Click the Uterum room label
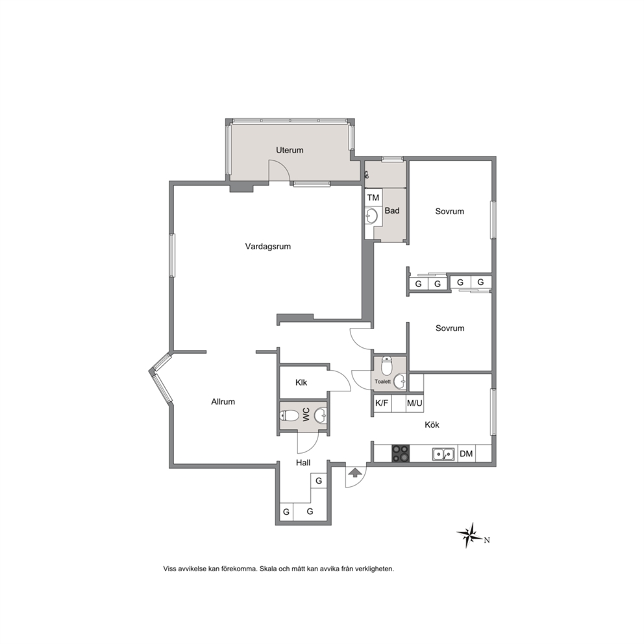tap(290, 151)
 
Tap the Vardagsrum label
tap(267, 247)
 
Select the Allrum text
tap(223, 402)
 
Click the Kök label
tap(432, 425)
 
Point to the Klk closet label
tap(301, 382)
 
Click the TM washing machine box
tap(373, 197)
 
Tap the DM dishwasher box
tap(466, 454)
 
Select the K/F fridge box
tap(382, 403)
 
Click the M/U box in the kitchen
tap(414, 403)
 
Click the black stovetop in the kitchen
tap(401, 454)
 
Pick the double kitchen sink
tap(443, 454)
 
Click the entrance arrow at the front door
tap(353, 472)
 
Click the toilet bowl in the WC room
tap(290, 415)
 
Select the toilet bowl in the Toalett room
tap(386, 365)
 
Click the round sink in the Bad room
tap(372, 216)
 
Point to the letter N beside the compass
tap(487, 540)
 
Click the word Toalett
tap(382, 382)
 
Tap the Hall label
tap(303, 463)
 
